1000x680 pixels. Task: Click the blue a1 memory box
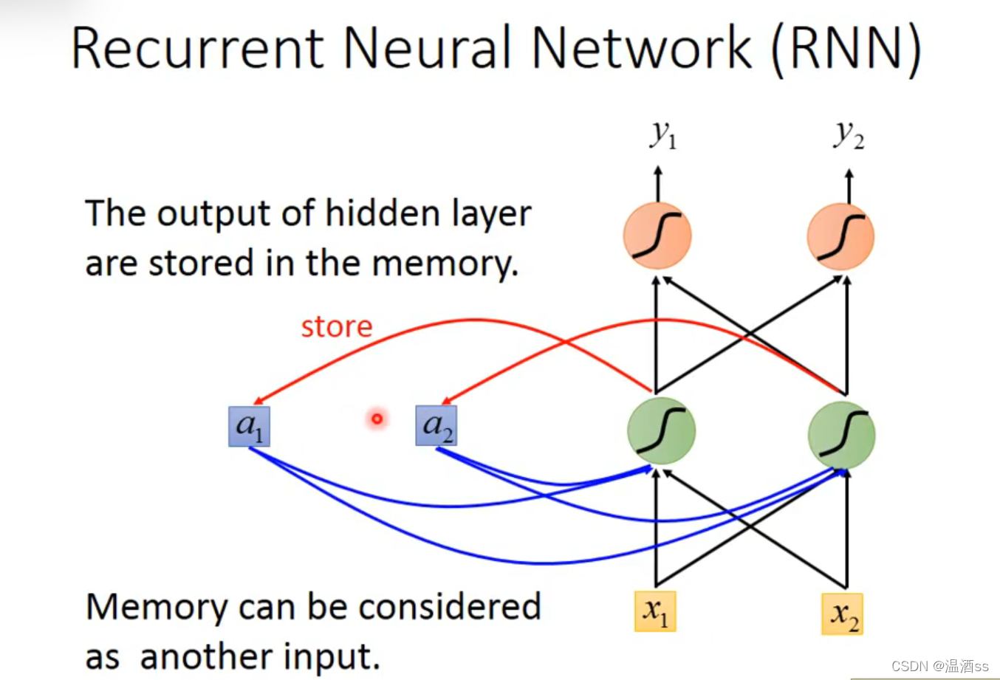click(249, 426)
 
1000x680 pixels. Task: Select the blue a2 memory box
click(436, 425)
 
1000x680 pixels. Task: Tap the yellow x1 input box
click(655, 611)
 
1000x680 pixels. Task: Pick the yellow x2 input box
click(842, 614)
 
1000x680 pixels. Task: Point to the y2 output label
click(849, 134)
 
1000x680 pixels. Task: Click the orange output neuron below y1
click(657, 236)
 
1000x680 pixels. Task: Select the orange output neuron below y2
click(840, 236)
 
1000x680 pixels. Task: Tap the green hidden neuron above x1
click(661, 431)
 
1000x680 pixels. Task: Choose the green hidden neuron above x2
click(842, 435)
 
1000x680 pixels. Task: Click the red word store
click(337, 326)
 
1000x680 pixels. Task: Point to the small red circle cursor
click(377, 419)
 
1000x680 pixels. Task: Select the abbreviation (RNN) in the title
click(846, 49)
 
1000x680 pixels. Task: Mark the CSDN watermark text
click(939, 666)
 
